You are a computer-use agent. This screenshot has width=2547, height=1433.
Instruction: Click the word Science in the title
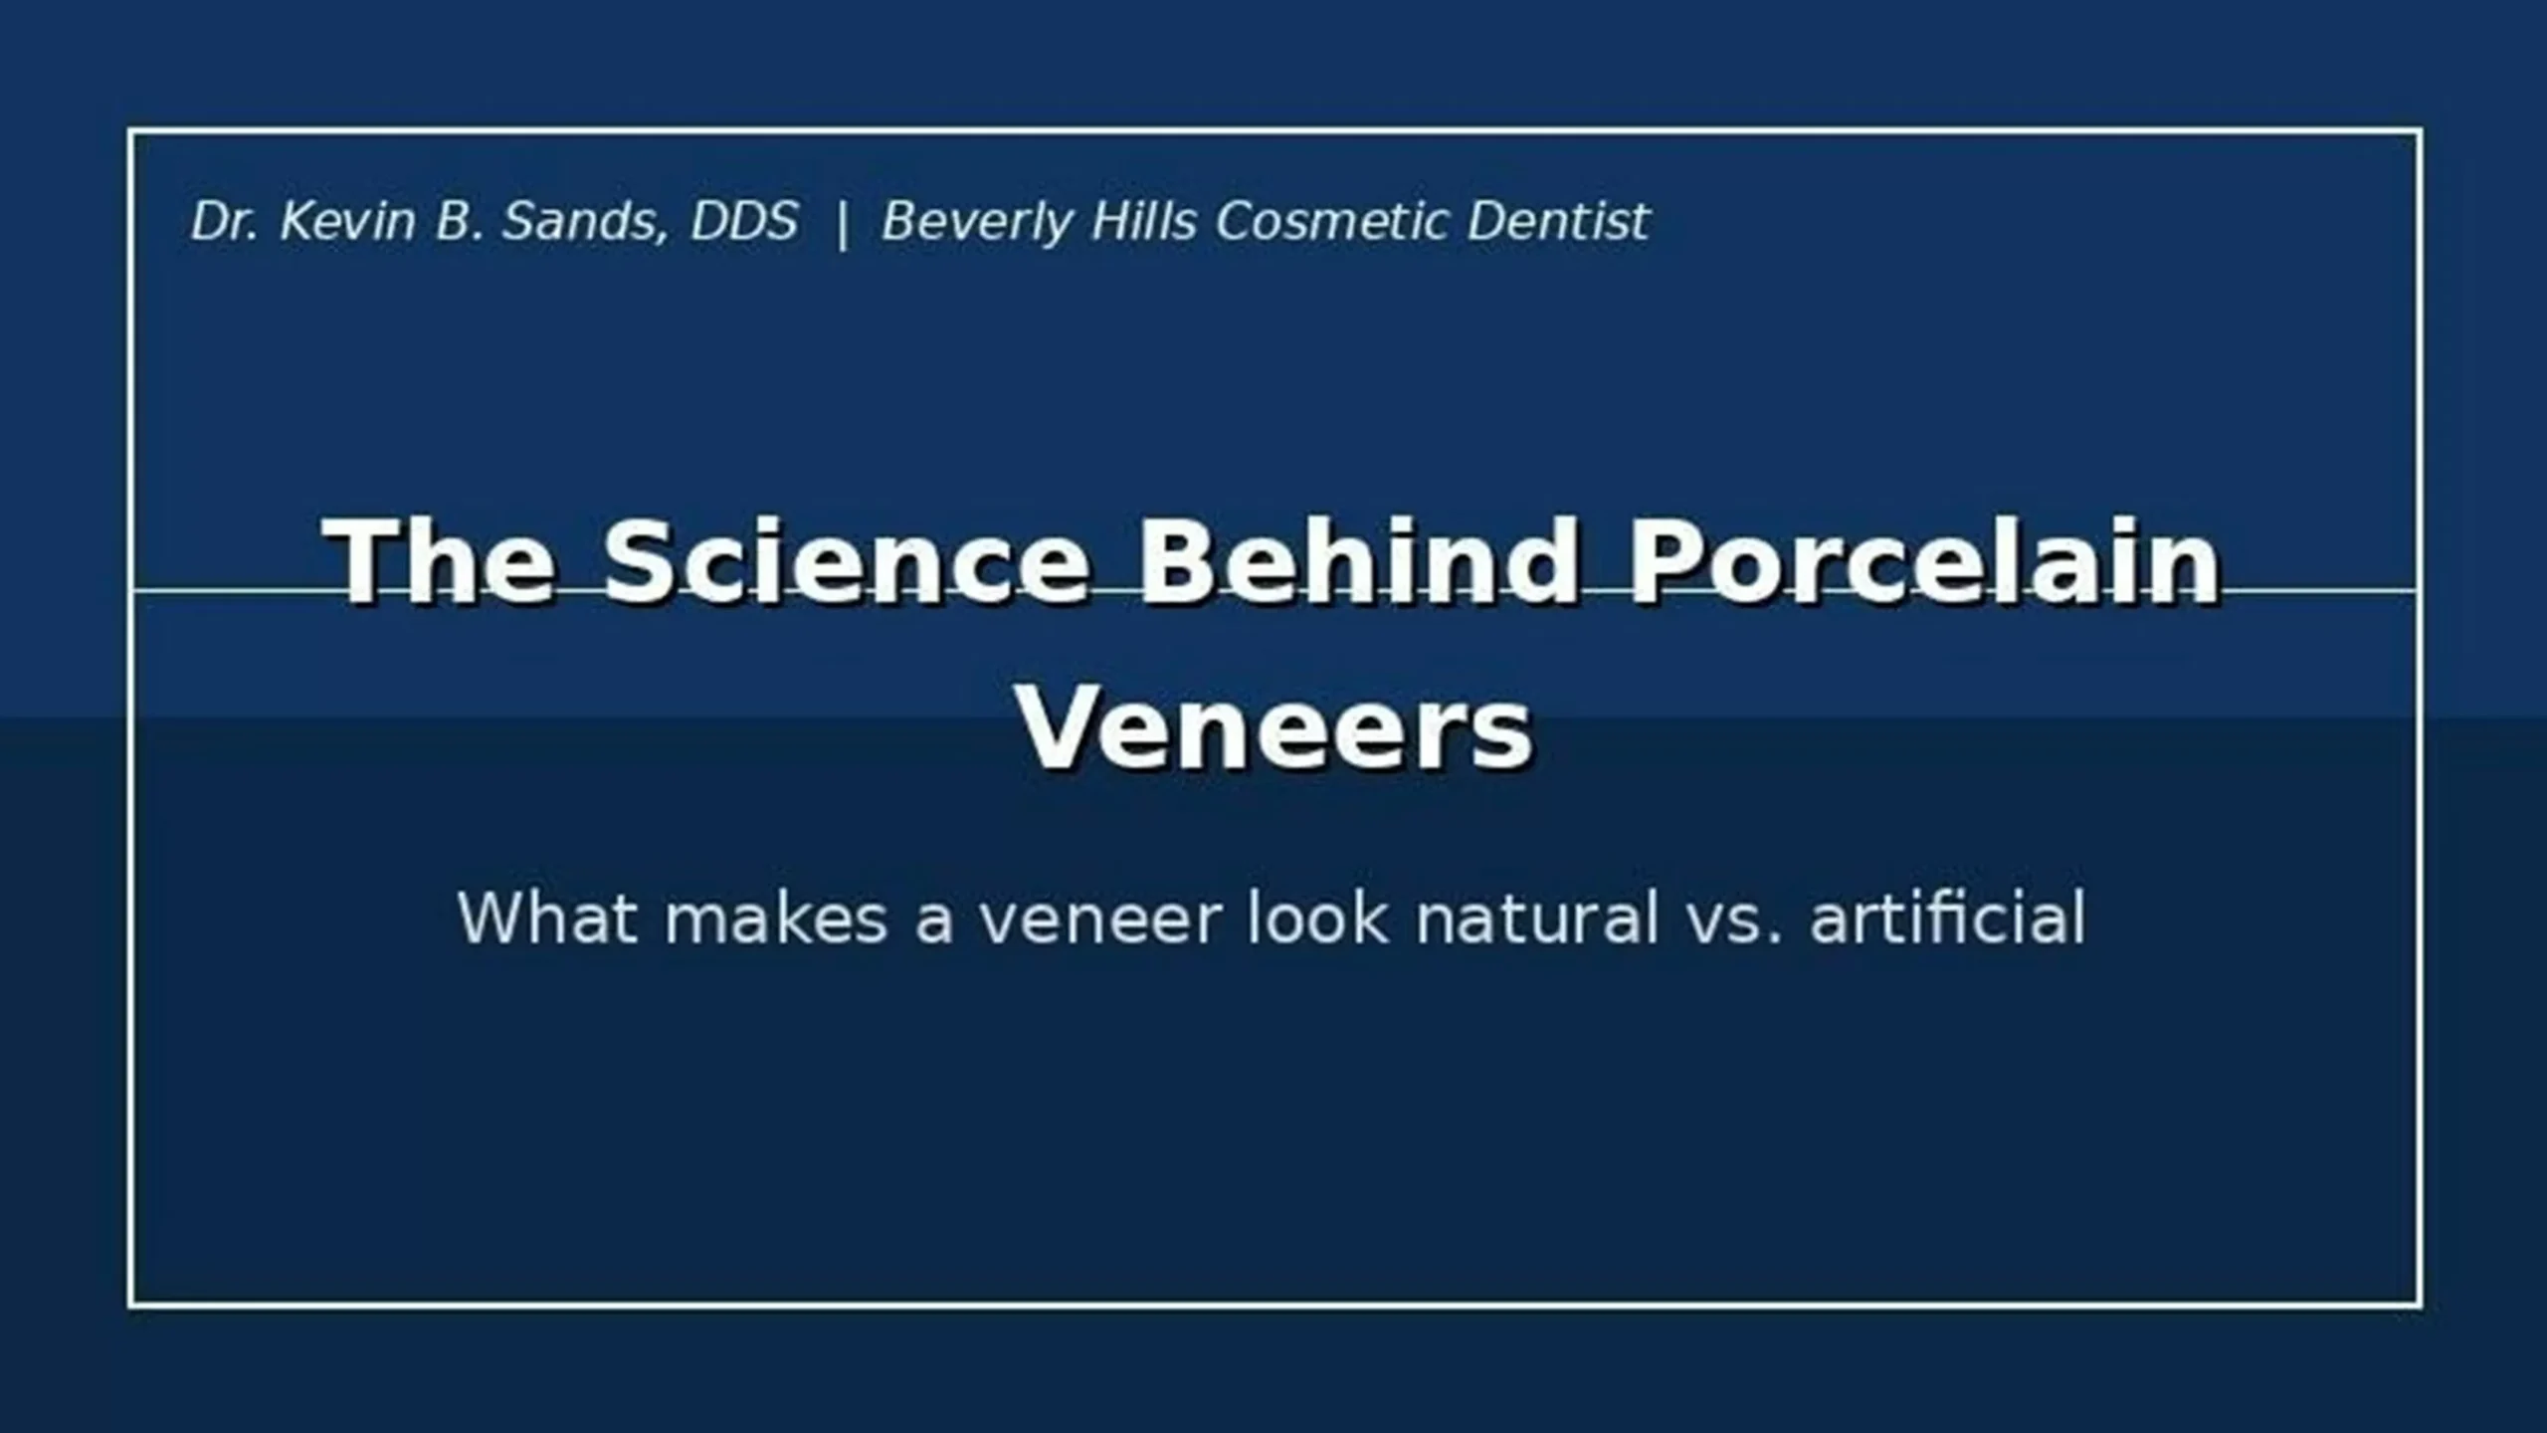pos(846,560)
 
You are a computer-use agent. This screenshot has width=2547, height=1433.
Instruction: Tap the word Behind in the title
pos(1359,560)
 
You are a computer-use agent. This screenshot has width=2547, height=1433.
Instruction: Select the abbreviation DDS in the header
pos(744,221)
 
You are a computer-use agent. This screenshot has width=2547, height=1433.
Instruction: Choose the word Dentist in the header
pos(1559,221)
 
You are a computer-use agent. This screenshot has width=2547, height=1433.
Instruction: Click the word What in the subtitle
pos(547,918)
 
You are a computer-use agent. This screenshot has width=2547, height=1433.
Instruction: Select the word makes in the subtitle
pos(776,918)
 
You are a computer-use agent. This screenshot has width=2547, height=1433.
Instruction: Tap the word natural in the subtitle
pos(1538,918)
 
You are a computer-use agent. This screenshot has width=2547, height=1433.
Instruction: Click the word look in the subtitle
pos(1317,918)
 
